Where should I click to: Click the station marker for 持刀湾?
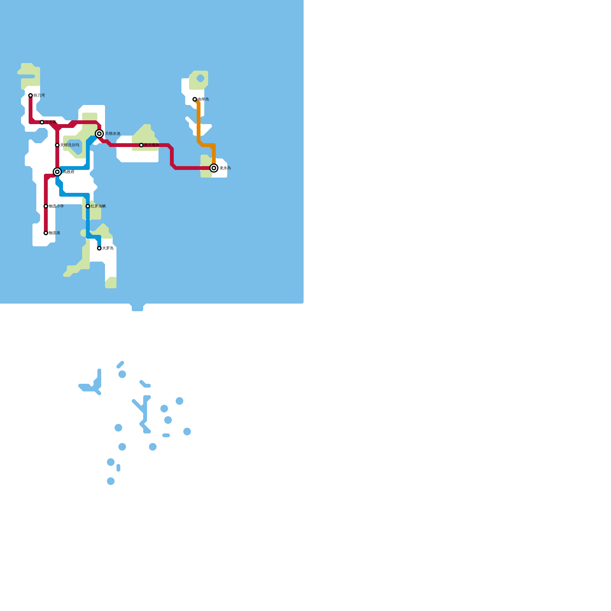[x=31, y=95]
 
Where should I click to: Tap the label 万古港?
[x=50, y=122]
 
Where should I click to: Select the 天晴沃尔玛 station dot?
[x=57, y=145]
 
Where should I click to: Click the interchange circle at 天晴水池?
[x=99, y=134]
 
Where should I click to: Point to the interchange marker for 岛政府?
[x=57, y=172]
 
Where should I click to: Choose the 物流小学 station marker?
[x=46, y=206]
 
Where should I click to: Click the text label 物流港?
[x=54, y=233]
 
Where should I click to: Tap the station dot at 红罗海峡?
[x=88, y=206]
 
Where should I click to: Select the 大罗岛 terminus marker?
[x=99, y=248]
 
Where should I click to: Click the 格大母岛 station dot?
[x=141, y=145]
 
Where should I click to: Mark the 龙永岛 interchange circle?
[x=214, y=168]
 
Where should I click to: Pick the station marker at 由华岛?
[x=195, y=99]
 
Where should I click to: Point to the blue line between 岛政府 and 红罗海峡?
[x=74, y=195]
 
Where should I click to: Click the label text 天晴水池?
[x=113, y=134]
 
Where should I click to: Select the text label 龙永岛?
[x=225, y=168]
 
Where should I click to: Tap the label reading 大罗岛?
[x=108, y=248]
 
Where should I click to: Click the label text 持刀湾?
[x=39, y=95]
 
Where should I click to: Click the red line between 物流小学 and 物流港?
[x=46, y=220]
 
